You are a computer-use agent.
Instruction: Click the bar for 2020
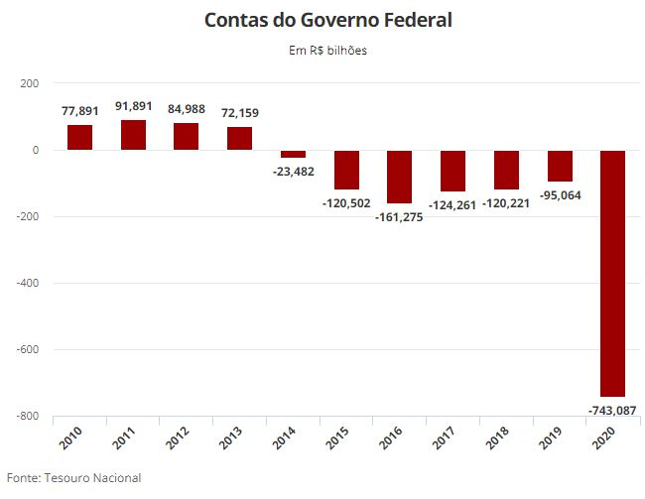point(612,273)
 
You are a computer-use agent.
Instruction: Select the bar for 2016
point(399,177)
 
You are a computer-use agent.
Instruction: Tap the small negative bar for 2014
point(293,154)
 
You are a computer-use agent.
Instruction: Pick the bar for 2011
point(133,135)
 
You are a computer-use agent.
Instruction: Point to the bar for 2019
point(559,166)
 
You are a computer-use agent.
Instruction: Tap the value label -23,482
point(293,170)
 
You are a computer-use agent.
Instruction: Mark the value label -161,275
point(400,216)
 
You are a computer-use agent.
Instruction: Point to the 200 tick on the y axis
point(29,83)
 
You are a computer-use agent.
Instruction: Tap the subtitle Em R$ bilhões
point(322,51)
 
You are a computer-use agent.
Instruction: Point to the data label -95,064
point(559,195)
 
